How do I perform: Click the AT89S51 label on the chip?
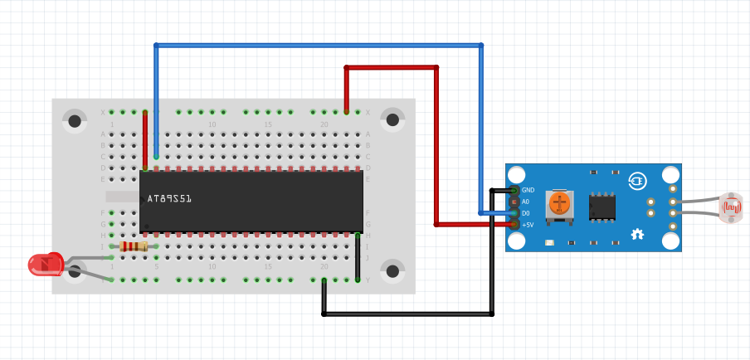tap(169, 199)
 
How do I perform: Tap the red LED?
tap(45, 265)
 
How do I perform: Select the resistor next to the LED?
tap(134, 246)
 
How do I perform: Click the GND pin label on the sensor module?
tap(528, 190)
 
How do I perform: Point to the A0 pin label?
tap(525, 202)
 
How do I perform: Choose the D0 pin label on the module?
tap(525, 213)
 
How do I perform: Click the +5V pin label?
tap(528, 225)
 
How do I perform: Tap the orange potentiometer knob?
tap(560, 202)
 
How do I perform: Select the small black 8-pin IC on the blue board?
tap(602, 207)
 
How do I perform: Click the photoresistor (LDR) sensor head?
tap(731, 207)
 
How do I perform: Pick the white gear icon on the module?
tap(637, 235)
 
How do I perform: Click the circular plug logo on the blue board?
tap(637, 180)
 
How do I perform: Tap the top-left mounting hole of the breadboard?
tap(75, 121)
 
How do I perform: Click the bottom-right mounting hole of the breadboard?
tap(392, 271)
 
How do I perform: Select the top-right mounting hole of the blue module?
tap(670, 175)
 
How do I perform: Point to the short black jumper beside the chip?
tap(358, 258)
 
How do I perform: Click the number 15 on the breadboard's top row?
tap(267, 124)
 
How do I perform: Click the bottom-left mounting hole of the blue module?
tap(517, 240)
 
